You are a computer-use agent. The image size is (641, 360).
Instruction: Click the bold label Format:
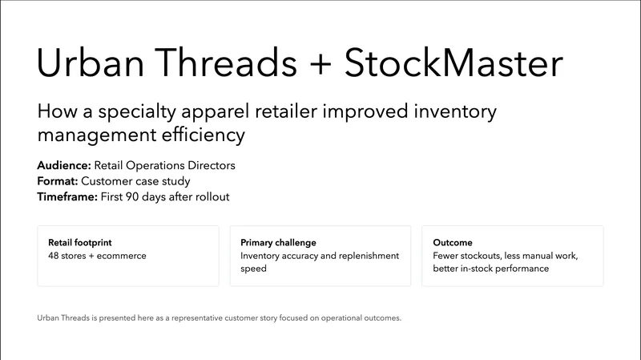coord(58,181)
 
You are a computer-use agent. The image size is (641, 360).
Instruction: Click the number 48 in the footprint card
coord(54,256)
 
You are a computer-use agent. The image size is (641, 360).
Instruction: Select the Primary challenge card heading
coord(278,242)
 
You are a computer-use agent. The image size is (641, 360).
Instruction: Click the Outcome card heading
coord(452,242)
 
